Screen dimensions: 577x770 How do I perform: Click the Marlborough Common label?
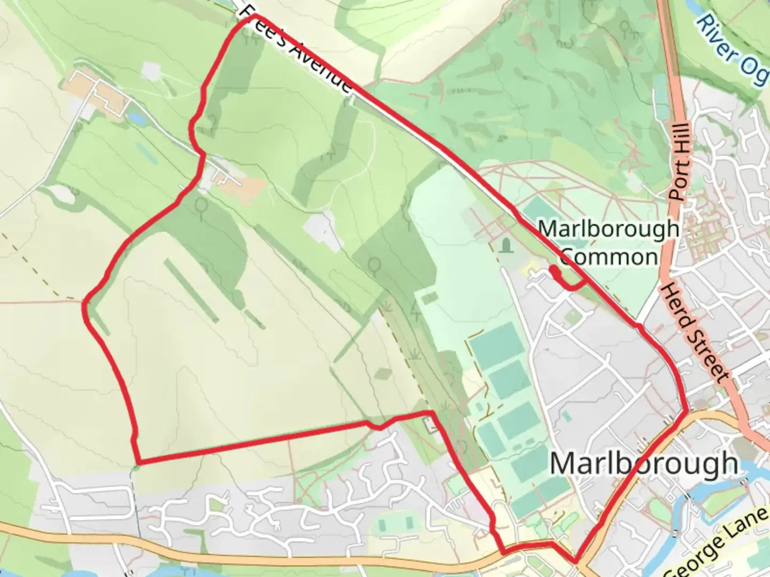point(609,243)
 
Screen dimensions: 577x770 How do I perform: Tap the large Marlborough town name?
point(644,464)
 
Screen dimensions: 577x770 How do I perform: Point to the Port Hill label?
point(680,161)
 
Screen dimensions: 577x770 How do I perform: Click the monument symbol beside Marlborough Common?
point(506,246)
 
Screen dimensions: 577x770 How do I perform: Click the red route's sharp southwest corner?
point(138,462)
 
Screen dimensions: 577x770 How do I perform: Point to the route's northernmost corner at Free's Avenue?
point(252,18)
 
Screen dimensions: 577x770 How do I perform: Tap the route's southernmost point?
point(575,562)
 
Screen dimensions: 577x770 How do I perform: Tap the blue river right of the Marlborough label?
point(754,470)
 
